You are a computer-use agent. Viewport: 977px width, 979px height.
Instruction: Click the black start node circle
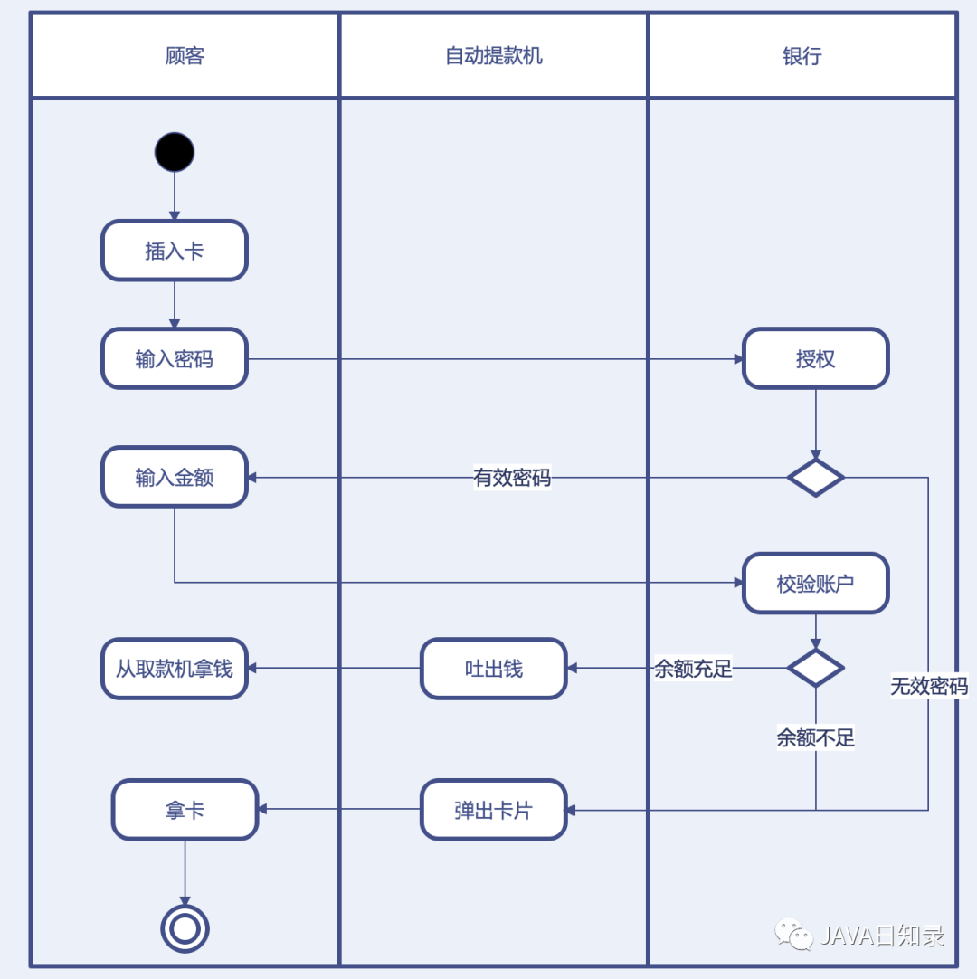point(175,152)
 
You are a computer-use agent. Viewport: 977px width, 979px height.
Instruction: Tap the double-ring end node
point(185,928)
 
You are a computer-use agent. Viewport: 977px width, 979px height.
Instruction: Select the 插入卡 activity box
point(175,251)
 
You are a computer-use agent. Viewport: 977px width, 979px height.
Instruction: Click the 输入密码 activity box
point(175,359)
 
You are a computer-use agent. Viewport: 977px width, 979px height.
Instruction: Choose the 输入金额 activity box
point(175,477)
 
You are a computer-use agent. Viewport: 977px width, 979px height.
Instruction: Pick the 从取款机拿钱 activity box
point(175,669)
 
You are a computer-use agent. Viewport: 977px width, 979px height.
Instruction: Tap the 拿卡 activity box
point(185,810)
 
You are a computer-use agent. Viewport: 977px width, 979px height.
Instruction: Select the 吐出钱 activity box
point(494,669)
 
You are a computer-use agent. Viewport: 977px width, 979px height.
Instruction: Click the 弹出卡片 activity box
point(494,810)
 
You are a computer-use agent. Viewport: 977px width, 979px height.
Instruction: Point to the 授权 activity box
point(816,359)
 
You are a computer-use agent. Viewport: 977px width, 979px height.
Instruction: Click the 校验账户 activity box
point(816,584)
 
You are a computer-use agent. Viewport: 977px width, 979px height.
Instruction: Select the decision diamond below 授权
point(816,477)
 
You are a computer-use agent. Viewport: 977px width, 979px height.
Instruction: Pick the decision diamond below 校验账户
point(816,669)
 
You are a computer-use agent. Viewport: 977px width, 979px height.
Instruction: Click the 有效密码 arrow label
point(512,478)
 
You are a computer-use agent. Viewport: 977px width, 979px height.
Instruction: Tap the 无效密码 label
point(929,687)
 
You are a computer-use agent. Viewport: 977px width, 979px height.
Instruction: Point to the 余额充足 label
point(694,670)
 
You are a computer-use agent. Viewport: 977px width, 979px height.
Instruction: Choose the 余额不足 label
point(816,738)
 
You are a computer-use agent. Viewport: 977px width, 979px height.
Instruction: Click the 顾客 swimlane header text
point(185,56)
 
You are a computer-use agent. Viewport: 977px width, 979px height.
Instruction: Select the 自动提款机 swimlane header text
point(494,56)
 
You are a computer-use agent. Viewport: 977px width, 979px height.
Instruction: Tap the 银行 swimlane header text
point(802,56)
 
